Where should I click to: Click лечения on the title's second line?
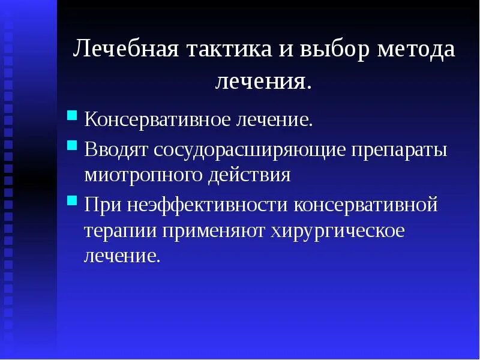263,81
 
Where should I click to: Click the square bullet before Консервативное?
72,115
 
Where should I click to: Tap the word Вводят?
116,149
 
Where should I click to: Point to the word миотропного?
148,175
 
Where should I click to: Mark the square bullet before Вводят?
72,145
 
